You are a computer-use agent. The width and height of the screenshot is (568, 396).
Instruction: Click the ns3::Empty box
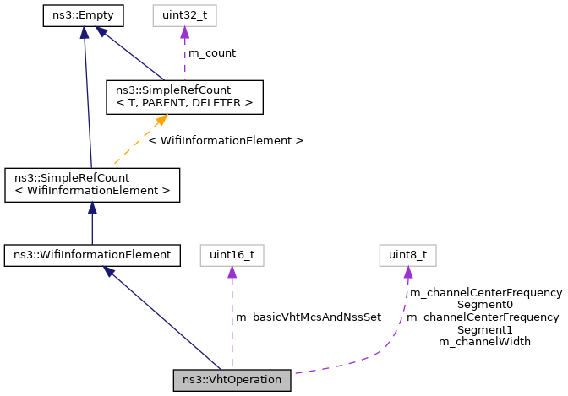(83, 15)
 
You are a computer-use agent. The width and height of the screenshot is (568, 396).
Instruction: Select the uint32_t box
(184, 15)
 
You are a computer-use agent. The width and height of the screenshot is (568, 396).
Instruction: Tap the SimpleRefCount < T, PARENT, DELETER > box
(184, 97)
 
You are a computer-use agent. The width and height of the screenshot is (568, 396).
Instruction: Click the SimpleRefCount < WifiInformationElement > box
(92, 185)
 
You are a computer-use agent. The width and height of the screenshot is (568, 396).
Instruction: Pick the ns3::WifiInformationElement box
(92, 253)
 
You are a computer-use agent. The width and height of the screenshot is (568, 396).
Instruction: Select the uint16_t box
(232, 253)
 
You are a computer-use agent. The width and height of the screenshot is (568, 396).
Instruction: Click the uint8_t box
(407, 253)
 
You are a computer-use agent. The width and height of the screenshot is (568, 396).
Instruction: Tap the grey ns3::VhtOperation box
(232, 380)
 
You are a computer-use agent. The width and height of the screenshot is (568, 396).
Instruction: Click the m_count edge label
(211, 52)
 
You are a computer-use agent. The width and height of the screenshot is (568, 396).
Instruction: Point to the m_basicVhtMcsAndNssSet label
(309, 317)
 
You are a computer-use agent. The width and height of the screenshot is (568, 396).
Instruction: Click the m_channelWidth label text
(484, 342)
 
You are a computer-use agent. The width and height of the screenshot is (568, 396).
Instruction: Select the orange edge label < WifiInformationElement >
(226, 140)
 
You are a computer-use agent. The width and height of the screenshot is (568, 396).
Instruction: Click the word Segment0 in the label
(484, 305)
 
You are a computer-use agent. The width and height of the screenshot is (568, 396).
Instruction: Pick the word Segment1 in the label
(484, 329)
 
